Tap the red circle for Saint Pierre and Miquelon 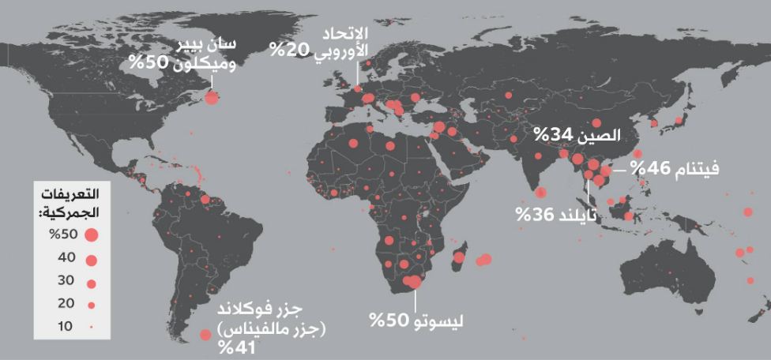tap(212, 98)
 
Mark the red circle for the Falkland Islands tap(205, 335)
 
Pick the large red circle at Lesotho tap(412, 281)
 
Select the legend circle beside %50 tap(91, 234)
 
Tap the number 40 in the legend tap(66, 257)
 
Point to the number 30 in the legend tap(66, 280)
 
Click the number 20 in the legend tap(66, 303)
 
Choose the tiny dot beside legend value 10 tap(91, 326)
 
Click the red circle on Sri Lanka tap(541, 192)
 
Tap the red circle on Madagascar tap(460, 257)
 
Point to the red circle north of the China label tap(597, 123)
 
